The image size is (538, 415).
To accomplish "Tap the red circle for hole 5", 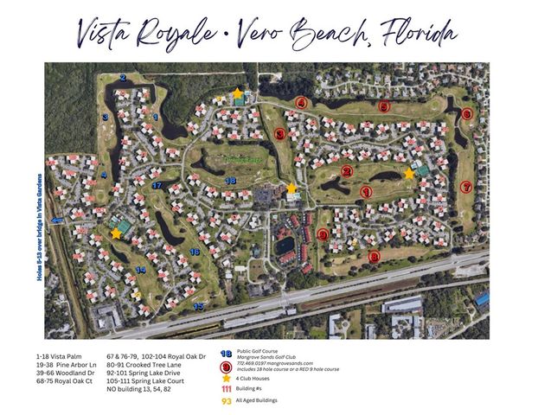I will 384,106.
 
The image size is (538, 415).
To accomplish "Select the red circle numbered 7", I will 466,187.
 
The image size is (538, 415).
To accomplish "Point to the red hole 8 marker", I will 374,256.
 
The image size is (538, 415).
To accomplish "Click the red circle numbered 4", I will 301,103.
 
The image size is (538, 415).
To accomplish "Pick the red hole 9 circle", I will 323,234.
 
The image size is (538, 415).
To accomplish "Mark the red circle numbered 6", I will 466,113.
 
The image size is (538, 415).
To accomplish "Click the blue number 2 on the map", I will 123,79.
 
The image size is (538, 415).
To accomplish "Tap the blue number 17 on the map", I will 157,185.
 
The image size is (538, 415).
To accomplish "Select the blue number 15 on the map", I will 199,306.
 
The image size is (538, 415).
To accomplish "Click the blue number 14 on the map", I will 139,270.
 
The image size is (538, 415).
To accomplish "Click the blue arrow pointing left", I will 57,220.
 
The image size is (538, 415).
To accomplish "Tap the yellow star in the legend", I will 226,378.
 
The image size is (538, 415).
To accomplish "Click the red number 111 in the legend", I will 226,389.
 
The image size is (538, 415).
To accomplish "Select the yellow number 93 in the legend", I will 226,401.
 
